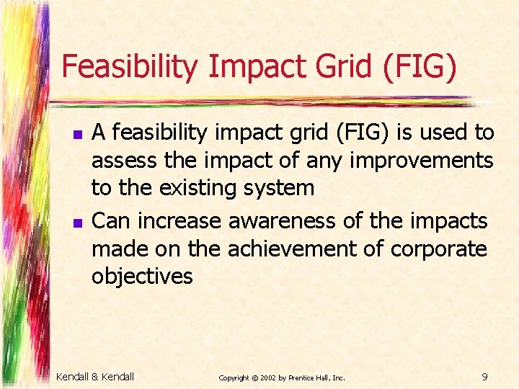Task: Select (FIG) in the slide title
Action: pos(421,68)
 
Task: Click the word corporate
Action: pos(439,249)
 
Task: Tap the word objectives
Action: pos(142,277)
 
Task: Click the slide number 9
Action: pos(484,376)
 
